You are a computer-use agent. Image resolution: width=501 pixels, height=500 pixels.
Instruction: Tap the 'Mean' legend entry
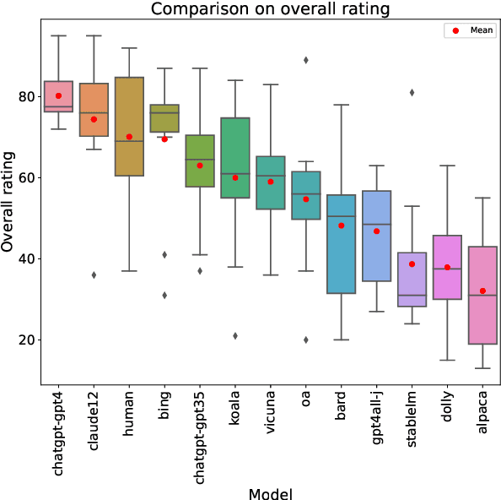pos(482,30)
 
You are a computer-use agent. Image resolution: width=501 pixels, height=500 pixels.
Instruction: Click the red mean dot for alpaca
pos(482,291)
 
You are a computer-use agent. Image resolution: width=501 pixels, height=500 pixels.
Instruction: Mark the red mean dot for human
pos(129,137)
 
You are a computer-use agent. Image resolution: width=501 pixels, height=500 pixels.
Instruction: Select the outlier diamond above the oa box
pos(306,60)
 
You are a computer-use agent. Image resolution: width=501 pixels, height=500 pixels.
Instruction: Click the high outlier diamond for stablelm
pos(412,92)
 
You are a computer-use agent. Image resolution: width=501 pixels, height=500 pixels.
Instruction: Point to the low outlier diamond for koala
pos(235,335)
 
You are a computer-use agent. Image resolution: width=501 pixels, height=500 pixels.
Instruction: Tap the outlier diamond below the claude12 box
pos(94,274)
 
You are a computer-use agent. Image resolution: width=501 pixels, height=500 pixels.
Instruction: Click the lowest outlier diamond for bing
pos(164,295)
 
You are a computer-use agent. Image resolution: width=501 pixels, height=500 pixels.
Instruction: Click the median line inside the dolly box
pos(447,269)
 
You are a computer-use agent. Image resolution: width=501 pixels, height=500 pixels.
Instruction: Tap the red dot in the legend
pos(456,30)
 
